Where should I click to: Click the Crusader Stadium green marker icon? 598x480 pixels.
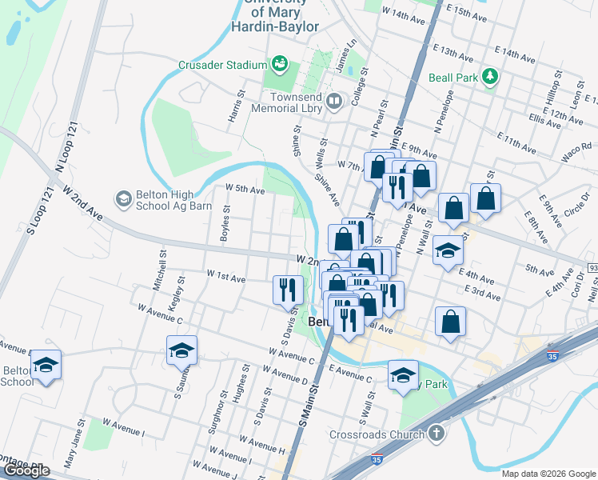click(279, 62)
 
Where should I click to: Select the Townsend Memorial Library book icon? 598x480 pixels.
click(334, 102)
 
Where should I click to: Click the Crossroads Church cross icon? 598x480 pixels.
click(435, 434)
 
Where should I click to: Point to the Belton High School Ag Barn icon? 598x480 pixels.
click(123, 197)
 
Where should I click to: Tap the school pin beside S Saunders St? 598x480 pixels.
click(181, 350)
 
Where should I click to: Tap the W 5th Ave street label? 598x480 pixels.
click(245, 190)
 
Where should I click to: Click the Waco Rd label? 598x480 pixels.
click(576, 153)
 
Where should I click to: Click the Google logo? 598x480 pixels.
click(26, 470)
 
